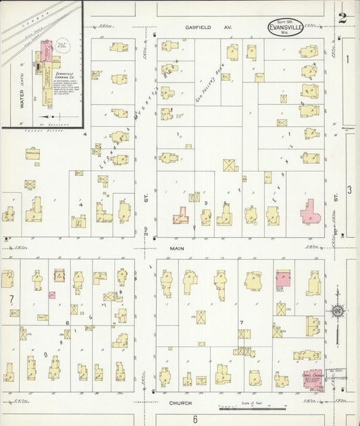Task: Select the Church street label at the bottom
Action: pyautogui.click(x=180, y=403)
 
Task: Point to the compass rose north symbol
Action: pyautogui.click(x=336, y=311)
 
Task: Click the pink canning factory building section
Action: pyautogui.click(x=46, y=51)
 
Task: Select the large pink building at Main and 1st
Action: pyautogui.click(x=311, y=217)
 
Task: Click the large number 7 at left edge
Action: pyautogui.click(x=10, y=298)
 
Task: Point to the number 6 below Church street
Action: pyautogui.click(x=194, y=419)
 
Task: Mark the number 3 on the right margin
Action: pyautogui.click(x=349, y=190)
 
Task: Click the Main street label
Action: pyautogui.click(x=177, y=248)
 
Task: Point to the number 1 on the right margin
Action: pyautogui.click(x=348, y=59)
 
